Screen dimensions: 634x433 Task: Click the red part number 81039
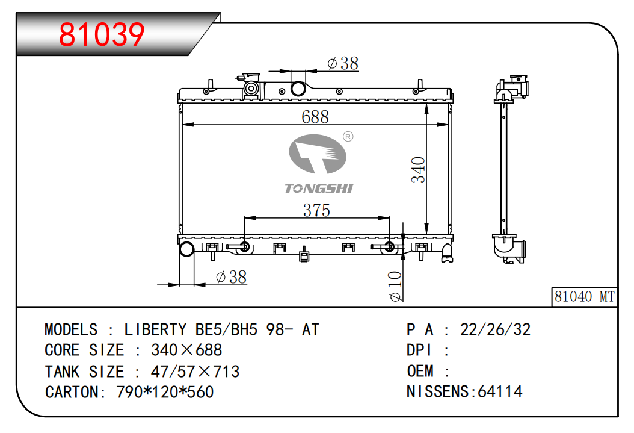(x=102, y=34)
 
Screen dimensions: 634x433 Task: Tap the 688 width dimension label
(x=315, y=117)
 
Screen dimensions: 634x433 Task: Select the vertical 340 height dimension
(x=418, y=170)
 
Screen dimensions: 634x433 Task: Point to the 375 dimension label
(x=316, y=210)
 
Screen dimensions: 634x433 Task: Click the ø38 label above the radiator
(x=343, y=63)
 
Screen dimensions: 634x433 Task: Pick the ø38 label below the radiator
(x=231, y=277)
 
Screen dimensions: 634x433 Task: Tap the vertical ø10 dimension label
(x=395, y=287)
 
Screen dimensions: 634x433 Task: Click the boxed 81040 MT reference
(x=584, y=297)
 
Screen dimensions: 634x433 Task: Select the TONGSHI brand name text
(x=319, y=188)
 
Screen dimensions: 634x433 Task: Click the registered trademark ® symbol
(x=348, y=136)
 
